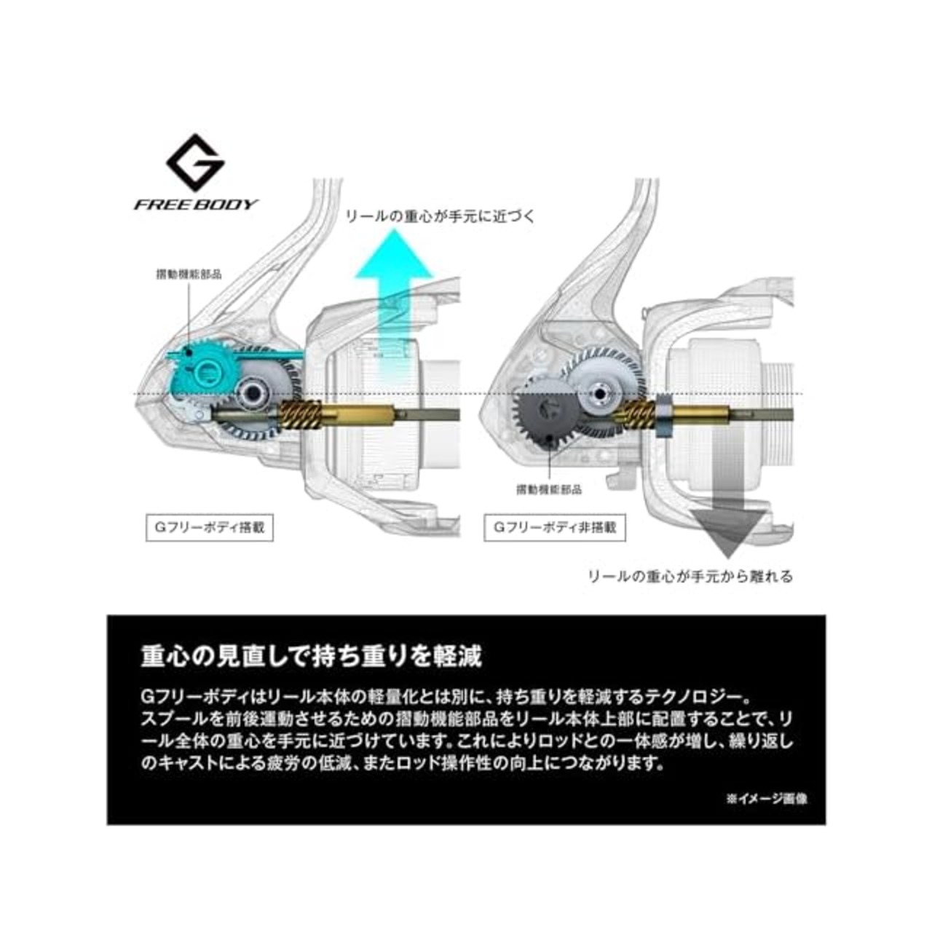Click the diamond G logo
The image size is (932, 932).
[x=195, y=162]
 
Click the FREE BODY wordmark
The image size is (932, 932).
[x=196, y=204]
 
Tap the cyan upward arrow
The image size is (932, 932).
[x=393, y=302]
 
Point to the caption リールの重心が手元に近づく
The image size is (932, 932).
[x=441, y=216]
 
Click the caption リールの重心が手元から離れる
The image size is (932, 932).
[x=691, y=576]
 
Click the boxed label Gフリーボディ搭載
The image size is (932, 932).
[x=210, y=527]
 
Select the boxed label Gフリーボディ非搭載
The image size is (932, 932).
[x=554, y=527]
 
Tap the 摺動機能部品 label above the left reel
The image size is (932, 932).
[x=189, y=275]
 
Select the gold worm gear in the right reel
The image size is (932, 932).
[x=636, y=414]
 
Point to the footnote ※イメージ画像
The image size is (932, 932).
[x=767, y=799]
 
